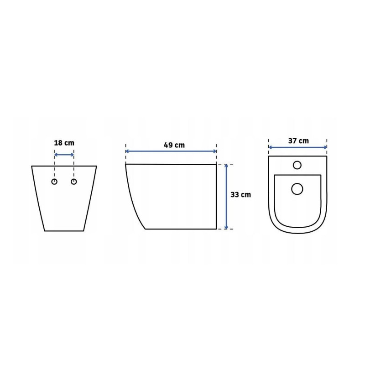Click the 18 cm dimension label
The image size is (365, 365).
click(64, 143)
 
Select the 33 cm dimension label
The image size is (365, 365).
click(240, 194)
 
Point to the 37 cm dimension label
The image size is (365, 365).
click(298, 141)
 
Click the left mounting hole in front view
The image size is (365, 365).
click(55, 182)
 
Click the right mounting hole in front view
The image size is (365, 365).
click(74, 182)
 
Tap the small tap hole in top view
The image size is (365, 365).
click(297, 165)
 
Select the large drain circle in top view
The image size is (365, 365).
click(297, 188)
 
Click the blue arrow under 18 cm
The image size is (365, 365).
click(64, 155)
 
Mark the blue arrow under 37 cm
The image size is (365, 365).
click(297, 147)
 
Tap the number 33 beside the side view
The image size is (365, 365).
click(235, 194)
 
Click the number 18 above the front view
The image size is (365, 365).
click(58, 143)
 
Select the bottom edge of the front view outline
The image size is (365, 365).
click(64, 231)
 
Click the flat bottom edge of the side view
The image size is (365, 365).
click(180, 229)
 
